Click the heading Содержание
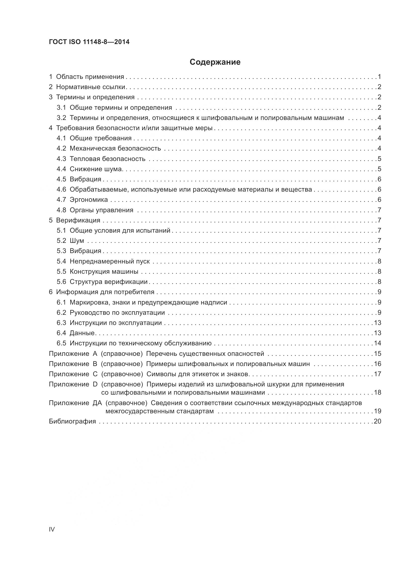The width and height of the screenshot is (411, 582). [215, 62]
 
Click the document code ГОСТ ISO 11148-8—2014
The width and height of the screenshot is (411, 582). [89, 42]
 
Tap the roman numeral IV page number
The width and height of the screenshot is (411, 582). [52, 529]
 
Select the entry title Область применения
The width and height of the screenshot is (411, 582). [90, 77]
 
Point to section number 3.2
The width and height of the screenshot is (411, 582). [61, 118]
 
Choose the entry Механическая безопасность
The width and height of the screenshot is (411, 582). [115, 149]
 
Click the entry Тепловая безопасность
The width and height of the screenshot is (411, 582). [107, 159]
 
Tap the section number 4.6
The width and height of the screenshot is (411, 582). [61, 190]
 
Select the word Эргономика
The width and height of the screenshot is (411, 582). [88, 200]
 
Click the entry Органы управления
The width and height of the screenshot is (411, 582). [101, 210]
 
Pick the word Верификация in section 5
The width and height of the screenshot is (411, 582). [78, 220]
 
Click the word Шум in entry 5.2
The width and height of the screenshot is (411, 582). [77, 241]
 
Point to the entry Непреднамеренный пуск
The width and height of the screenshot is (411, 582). [110, 261]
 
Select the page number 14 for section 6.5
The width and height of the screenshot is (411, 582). [377, 343]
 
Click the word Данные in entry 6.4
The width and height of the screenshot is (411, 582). [82, 333]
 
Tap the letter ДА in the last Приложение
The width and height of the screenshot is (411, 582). [97, 403]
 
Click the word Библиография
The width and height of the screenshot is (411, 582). [72, 421]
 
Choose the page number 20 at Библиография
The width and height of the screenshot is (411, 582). [377, 421]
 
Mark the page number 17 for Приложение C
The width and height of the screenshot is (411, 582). [377, 374]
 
